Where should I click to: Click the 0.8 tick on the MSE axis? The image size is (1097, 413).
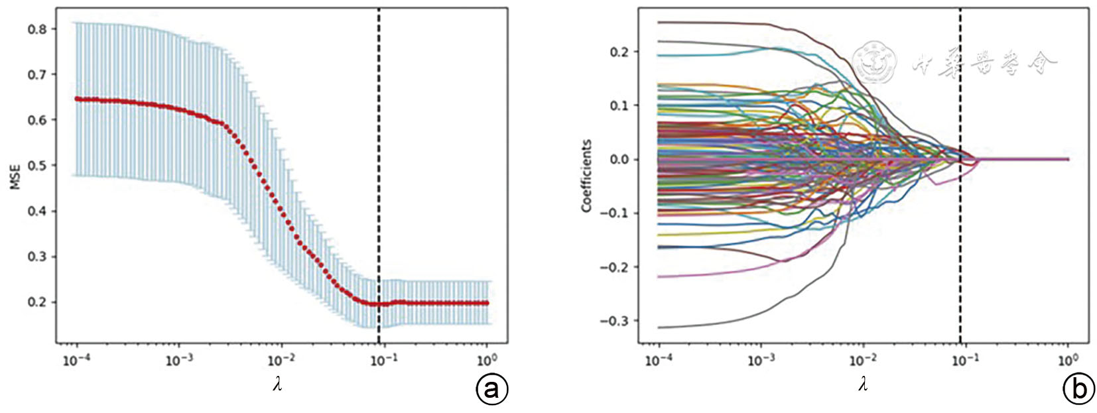[37, 29]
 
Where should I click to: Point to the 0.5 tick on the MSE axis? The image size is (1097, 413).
[37, 166]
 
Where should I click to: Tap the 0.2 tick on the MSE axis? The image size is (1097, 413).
[37, 302]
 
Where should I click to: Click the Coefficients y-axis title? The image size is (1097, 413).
[586, 176]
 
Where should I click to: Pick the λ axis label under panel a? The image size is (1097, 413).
[277, 384]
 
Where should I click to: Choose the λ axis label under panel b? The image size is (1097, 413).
[862, 384]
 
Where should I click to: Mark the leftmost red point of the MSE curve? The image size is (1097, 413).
[77, 99]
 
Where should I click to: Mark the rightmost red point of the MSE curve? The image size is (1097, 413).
[487, 303]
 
